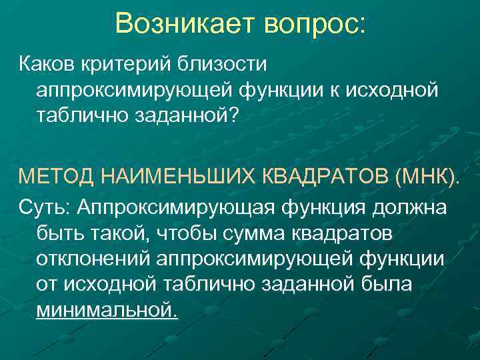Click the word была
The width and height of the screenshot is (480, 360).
click(x=390, y=285)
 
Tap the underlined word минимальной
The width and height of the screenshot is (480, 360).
click(x=107, y=310)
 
